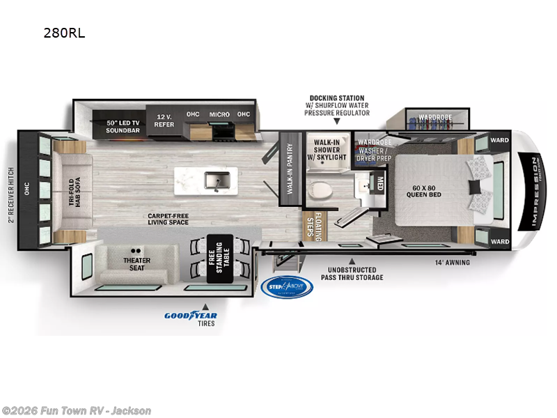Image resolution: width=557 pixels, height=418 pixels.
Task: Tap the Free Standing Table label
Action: pyautogui.click(x=219, y=262)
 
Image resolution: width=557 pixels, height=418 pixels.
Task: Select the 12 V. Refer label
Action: pyautogui.click(x=164, y=120)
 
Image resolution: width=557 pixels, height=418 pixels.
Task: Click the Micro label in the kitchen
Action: pyautogui.click(x=219, y=114)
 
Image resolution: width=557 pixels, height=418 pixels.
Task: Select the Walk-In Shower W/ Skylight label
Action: pyautogui.click(x=327, y=149)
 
